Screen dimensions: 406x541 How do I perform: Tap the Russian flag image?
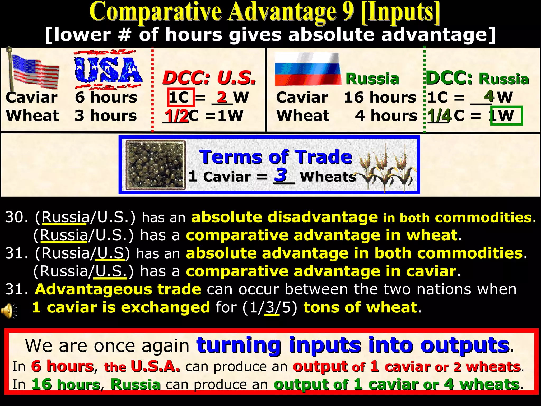click(308, 69)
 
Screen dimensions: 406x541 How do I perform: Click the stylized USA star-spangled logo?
click(108, 70)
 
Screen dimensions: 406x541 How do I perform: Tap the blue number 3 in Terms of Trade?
click(281, 175)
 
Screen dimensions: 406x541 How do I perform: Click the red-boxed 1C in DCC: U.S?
click(181, 97)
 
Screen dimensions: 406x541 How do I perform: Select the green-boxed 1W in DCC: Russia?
click(506, 115)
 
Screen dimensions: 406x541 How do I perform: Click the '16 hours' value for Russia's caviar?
click(380, 97)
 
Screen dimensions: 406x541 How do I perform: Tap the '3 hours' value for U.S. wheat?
click(106, 116)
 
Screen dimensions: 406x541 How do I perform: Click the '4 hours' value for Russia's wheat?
click(386, 116)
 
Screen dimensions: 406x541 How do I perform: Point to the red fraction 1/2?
click(176, 116)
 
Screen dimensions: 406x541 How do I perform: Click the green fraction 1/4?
click(439, 116)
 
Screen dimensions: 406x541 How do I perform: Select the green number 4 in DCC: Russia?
click(489, 96)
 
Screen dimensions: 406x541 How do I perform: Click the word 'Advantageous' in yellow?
click(118, 289)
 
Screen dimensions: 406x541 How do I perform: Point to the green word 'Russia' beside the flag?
click(372, 79)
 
